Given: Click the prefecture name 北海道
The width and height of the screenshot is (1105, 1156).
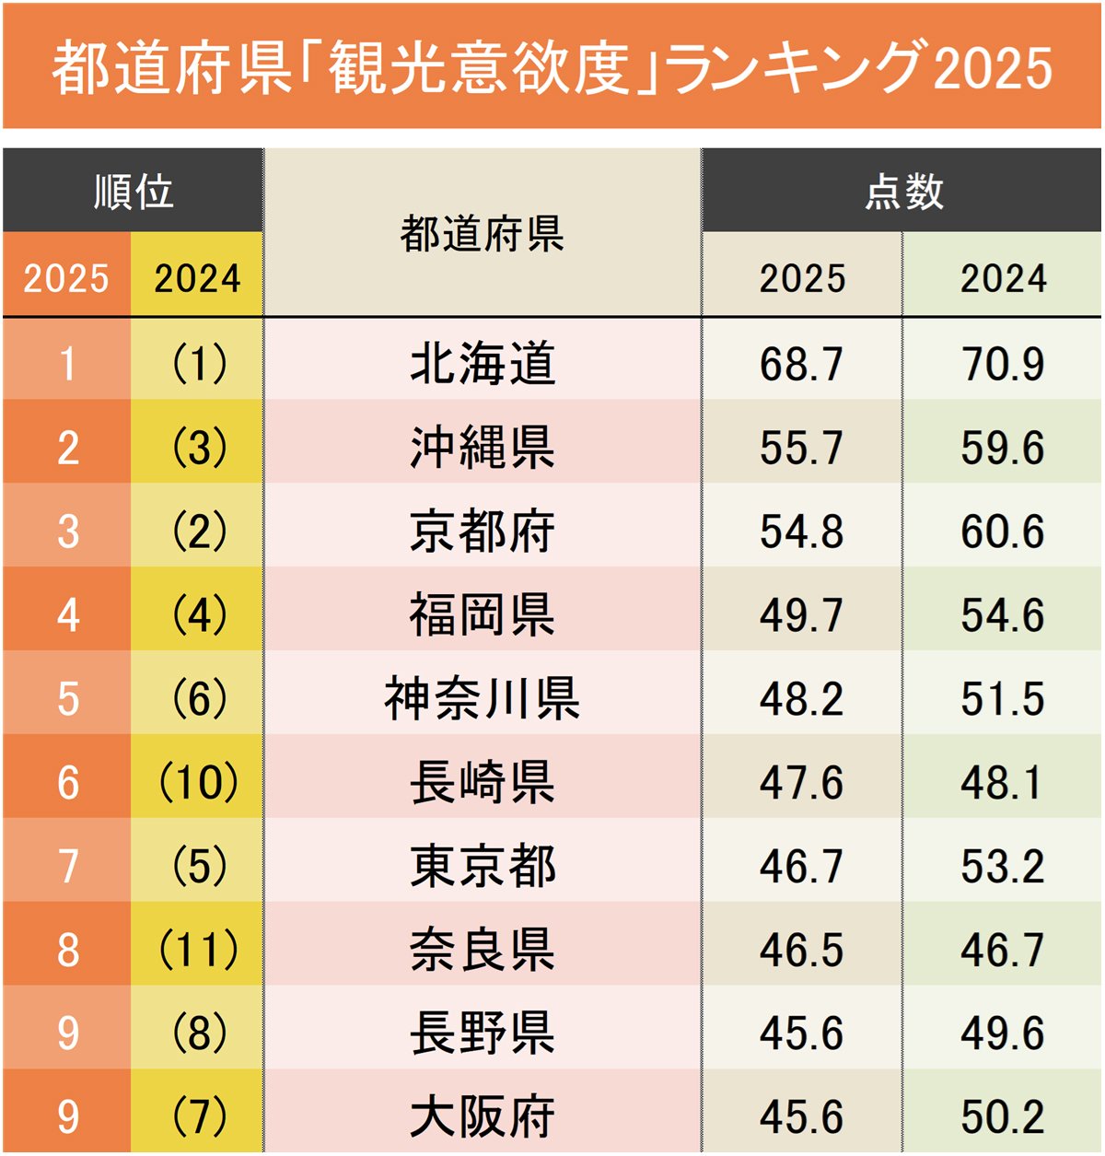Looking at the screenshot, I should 483,363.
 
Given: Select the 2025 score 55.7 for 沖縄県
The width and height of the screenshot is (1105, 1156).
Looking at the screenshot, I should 801,448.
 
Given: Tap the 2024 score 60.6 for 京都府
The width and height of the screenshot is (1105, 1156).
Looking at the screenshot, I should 1002,531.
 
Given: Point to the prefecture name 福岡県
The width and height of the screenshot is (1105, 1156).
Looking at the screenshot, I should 483,615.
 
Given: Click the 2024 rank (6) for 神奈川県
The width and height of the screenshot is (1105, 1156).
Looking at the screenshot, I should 199,698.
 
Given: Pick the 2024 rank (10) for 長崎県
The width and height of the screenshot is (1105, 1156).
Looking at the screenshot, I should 199,782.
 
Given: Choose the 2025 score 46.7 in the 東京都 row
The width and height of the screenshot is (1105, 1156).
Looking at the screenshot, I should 801,867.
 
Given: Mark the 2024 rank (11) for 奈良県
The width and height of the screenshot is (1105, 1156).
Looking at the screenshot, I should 199,950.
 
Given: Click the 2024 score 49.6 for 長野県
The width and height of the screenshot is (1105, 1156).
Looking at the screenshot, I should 1002,1033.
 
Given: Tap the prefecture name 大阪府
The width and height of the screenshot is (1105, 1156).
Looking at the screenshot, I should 483,1116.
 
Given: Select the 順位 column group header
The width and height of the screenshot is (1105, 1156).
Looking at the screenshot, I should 134,192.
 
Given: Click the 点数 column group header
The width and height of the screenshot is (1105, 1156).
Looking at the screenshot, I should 903,192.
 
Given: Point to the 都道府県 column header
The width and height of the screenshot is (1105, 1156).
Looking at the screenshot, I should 483,234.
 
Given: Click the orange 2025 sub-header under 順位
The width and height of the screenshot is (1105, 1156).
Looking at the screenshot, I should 66,277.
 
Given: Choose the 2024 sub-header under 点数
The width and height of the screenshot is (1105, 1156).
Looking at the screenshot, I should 1003,277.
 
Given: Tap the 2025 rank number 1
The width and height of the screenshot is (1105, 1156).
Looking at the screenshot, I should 67,363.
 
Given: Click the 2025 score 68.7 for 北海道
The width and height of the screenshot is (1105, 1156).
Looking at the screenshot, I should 801,363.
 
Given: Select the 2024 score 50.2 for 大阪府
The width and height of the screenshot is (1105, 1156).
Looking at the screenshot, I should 1002,1116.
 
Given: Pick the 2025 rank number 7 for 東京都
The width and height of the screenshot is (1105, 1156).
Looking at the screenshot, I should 67,867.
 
